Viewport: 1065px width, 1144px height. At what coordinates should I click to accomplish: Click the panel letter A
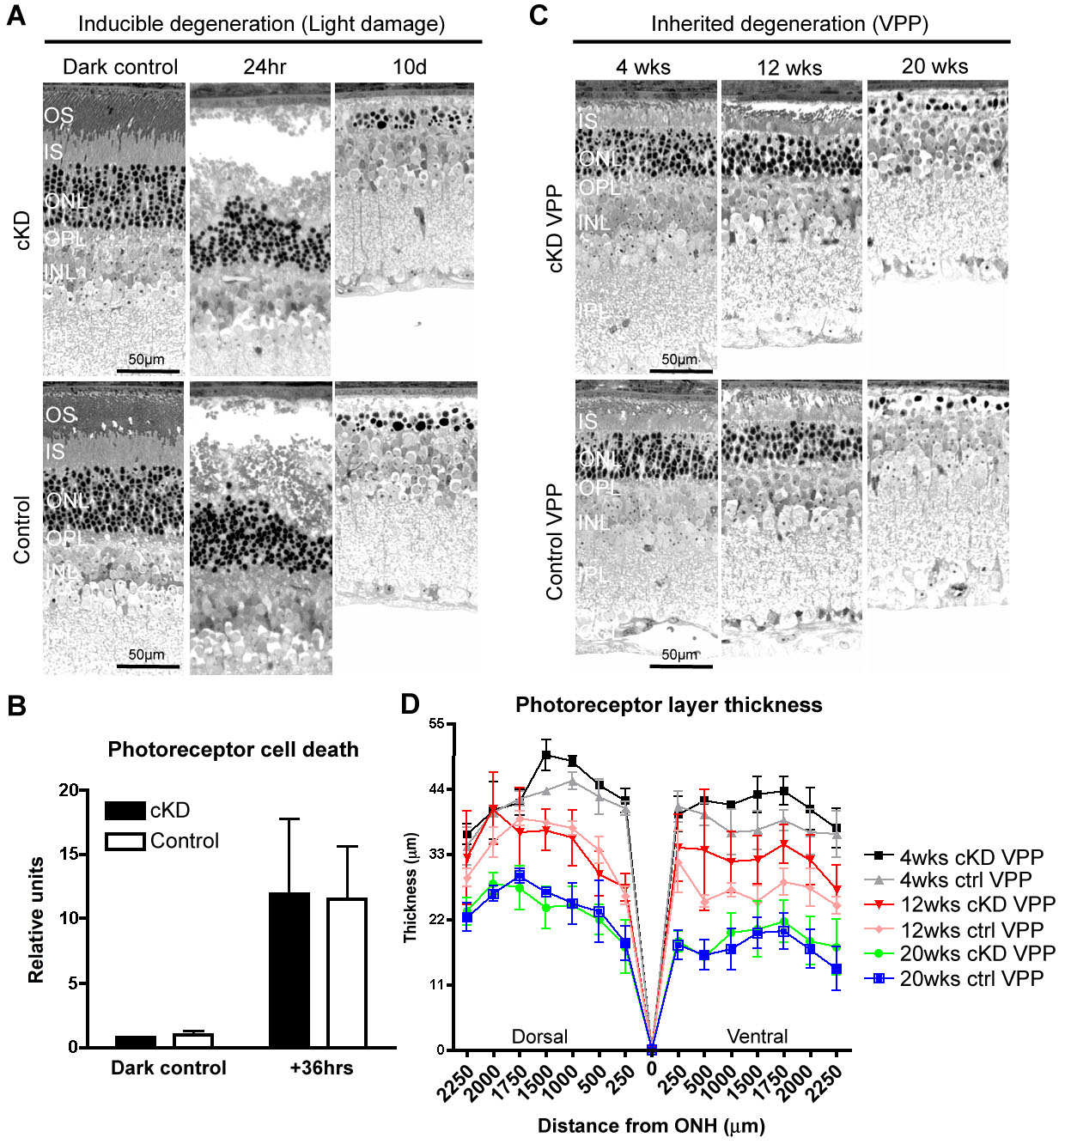tap(15, 16)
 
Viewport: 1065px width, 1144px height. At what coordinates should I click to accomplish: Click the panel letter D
tap(411, 704)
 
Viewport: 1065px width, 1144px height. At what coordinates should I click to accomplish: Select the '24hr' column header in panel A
tap(265, 67)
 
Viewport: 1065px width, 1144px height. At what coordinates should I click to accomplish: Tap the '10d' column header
tap(410, 67)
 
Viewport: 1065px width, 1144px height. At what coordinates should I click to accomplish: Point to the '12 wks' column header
tap(789, 68)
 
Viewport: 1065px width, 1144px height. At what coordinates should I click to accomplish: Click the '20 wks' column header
tap(934, 67)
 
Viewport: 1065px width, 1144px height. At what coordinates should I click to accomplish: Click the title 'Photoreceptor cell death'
tap(233, 750)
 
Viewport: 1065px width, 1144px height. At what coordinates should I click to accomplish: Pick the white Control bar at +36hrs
tap(347, 972)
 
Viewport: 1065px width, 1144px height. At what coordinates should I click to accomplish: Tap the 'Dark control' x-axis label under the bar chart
tap(168, 1068)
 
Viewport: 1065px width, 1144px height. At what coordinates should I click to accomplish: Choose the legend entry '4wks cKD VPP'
tap(971, 857)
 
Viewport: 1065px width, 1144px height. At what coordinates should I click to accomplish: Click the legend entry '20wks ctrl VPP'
tap(971, 978)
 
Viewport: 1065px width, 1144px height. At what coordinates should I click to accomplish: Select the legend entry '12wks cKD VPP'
tap(977, 904)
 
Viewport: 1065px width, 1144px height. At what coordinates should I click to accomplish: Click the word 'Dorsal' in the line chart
tap(539, 1037)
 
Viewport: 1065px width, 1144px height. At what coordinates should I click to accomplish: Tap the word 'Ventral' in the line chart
tap(757, 1037)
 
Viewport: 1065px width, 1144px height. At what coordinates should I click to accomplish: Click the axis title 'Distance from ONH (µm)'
tap(651, 1126)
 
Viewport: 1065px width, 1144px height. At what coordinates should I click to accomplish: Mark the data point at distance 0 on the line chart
tap(652, 1049)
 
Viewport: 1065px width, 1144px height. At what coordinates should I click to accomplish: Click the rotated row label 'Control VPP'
tap(555, 542)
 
